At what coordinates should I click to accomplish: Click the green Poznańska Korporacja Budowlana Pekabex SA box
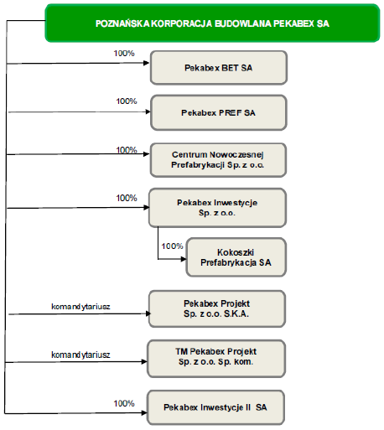pyautogui.click(x=212, y=23)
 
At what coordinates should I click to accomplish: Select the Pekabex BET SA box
pyautogui.click(x=219, y=68)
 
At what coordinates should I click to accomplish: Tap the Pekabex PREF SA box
pyautogui.click(x=219, y=112)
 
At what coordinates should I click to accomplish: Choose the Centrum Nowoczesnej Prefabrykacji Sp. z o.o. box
pyautogui.click(x=218, y=160)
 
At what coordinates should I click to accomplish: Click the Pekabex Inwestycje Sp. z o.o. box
pyautogui.click(x=217, y=208)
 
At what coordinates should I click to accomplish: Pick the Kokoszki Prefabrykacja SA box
pyautogui.click(x=236, y=257)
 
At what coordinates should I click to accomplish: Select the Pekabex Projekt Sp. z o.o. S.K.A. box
pyautogui.click(x=217, y=308)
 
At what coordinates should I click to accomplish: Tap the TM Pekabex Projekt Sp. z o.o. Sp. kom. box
pyautogui.click(x=216, y=359)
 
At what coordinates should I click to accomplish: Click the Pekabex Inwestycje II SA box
pyautogui.click(x=215, y=407)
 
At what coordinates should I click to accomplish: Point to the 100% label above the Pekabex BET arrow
pyautogui.click(x=124, y=54)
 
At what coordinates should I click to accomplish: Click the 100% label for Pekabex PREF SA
pyautogui.click(x=127, y=101)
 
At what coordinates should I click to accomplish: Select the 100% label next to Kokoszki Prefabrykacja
pyautogui.click(x=172, y=246)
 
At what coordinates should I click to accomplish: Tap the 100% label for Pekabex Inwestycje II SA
pyautogui.click(x=124, y=403)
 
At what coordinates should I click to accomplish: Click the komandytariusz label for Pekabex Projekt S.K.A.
pyautogui.click(x=80, y=307)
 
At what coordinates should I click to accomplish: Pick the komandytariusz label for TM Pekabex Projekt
pyautogui.click(x=80, y=355)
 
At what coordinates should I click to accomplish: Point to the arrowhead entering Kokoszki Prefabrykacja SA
pyautogui.click(x=184, y=259)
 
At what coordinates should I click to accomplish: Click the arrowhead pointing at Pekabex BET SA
pyautogui.click(x=147, y=63)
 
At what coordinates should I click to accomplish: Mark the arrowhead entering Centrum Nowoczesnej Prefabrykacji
pyautogui.click(x=147, y=154)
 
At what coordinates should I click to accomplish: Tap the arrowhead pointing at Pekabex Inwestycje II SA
pyautogui.click(x=144, y=412)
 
